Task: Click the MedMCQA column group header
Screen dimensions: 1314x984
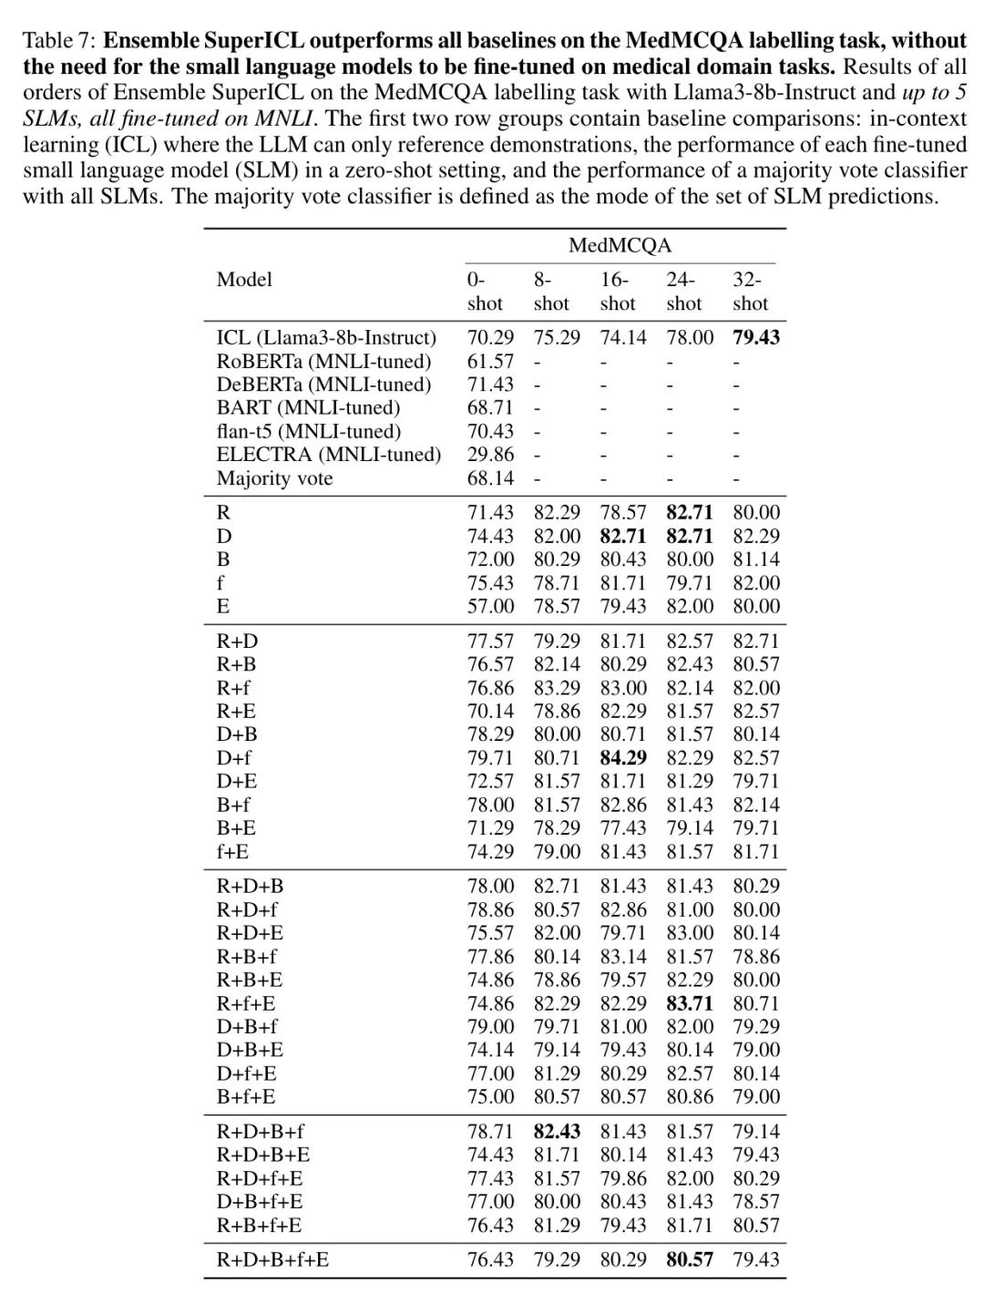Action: [620, 245]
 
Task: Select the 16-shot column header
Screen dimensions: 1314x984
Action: [617, 292]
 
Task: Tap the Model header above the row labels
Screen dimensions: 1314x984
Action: [244, 280]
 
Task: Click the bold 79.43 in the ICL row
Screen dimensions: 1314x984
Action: [756, 338]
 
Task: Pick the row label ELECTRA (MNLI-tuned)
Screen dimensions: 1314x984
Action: [328, 455]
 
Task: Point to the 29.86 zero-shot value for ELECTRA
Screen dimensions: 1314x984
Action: [490, 455]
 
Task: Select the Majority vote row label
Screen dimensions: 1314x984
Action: [274, 478]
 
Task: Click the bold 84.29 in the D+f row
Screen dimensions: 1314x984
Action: [623, 758]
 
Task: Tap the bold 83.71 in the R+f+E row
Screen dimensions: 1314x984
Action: [690, 1004]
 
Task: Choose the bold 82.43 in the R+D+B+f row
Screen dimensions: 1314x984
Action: [557, 1132]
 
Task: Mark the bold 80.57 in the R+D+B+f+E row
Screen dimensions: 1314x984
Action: [690, 1260]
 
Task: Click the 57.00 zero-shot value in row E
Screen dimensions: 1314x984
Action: [490, 607]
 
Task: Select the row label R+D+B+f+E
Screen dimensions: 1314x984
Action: [272, 1260]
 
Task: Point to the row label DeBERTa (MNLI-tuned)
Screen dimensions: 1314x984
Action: [323, 385]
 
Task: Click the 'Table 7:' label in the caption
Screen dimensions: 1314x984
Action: [59, 41]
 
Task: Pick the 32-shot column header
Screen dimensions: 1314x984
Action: [750, 292]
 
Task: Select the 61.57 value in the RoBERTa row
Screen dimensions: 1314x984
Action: [490, 362]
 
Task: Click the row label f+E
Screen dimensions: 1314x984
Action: [232, 852]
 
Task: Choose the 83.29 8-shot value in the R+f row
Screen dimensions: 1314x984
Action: [557, 688]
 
